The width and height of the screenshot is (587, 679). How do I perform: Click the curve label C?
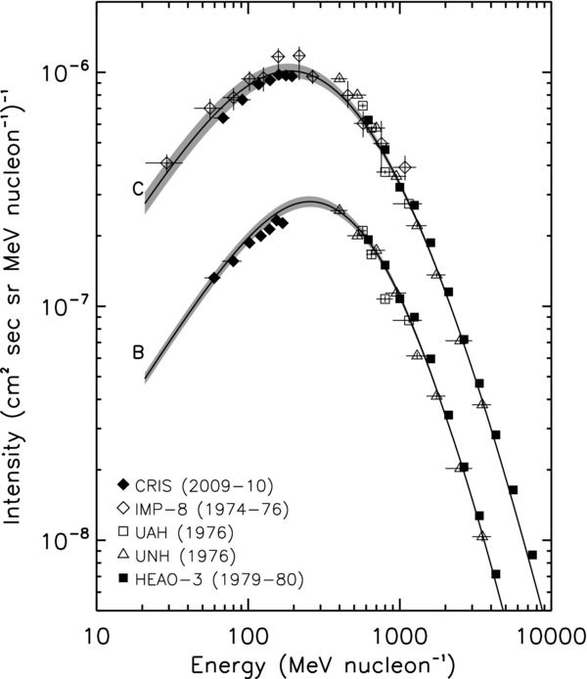pyautogui.click(x=139, y=189)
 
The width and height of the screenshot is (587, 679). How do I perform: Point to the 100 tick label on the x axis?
pyautogui.click(x=247, y=635)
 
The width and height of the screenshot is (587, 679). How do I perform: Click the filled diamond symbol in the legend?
pyautogui.click(x=123, y=484)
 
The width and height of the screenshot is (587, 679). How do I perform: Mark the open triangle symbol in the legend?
pyautogui.click(x=123, y=556)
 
